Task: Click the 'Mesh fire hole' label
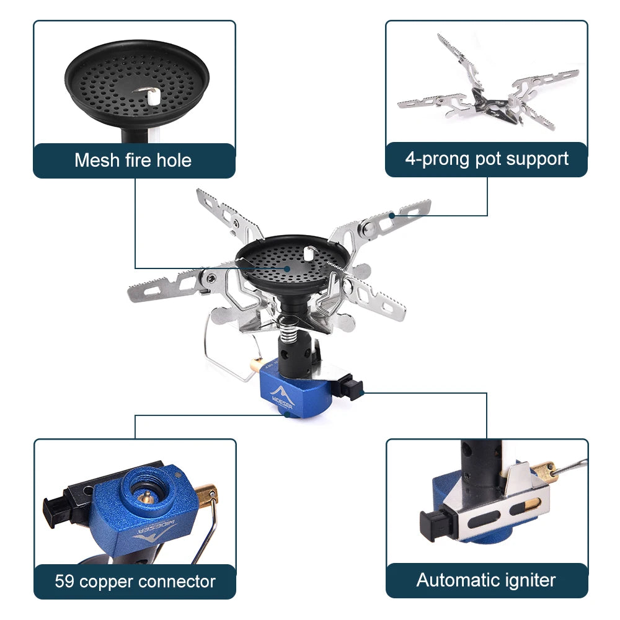point(133,161)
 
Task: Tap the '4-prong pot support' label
point(487,159)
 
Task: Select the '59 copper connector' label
point(135,582)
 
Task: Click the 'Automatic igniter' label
point(486,580)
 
